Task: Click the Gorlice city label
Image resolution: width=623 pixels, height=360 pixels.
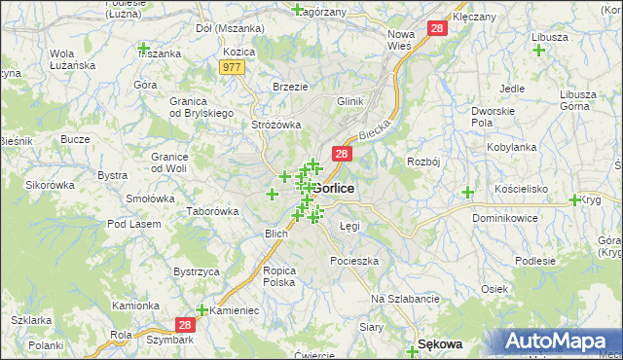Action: [334, 187]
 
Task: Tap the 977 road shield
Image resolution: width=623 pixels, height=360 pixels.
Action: [232, 67]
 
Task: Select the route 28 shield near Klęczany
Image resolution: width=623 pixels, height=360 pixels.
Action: [437, 30]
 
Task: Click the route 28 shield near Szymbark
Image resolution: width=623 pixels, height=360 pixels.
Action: [187, 325]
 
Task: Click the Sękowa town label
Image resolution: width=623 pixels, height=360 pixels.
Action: [439, 343]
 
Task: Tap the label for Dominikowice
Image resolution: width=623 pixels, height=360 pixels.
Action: [505, 219]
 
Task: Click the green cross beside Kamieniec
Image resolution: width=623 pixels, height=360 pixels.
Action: [202, 310]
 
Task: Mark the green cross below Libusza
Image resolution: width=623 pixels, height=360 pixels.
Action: [538, 50]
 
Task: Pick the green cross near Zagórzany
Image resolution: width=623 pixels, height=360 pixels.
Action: [297, 9]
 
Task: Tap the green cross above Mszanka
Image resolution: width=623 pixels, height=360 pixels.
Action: [144, 48]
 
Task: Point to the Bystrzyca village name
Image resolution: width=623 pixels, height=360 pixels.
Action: [196, 271]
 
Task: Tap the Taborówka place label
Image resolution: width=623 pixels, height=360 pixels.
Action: [213, 211]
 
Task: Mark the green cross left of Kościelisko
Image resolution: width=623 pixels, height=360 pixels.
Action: [467, 192]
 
